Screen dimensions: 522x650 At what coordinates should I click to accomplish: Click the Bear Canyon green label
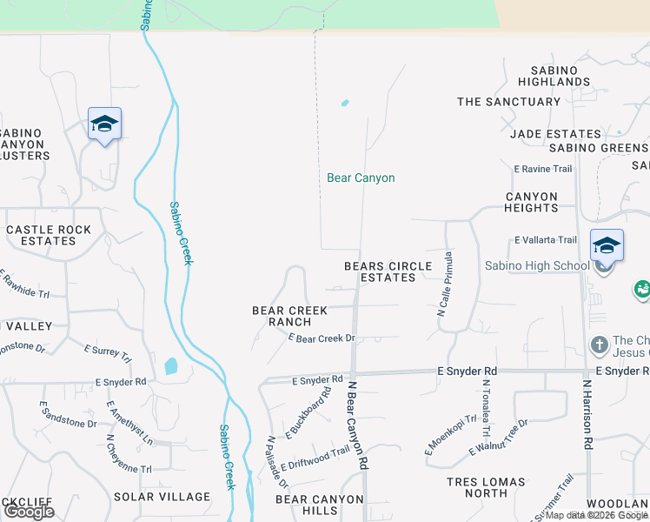[361, 178]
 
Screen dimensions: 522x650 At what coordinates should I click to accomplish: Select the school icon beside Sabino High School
[607, 246]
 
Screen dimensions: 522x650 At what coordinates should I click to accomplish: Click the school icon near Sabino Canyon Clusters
[104, 124]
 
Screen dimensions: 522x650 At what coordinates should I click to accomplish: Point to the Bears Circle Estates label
[388, 271]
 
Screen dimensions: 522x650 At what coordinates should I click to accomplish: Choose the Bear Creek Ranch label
[289, 316]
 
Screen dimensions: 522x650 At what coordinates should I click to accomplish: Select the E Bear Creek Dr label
[322, 338]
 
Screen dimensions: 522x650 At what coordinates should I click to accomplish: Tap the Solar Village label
[162, 497]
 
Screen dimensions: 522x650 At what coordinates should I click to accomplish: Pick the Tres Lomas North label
[486, 487]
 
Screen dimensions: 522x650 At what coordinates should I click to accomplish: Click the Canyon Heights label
[531, 202]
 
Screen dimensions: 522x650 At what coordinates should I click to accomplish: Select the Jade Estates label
[555, 134]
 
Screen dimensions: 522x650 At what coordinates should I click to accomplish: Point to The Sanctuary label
[509, 102]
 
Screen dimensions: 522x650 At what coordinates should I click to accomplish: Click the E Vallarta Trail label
[545, 240]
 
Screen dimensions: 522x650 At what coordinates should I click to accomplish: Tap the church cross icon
[599, 345]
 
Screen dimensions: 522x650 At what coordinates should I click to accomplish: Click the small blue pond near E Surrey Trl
[170, 366]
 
